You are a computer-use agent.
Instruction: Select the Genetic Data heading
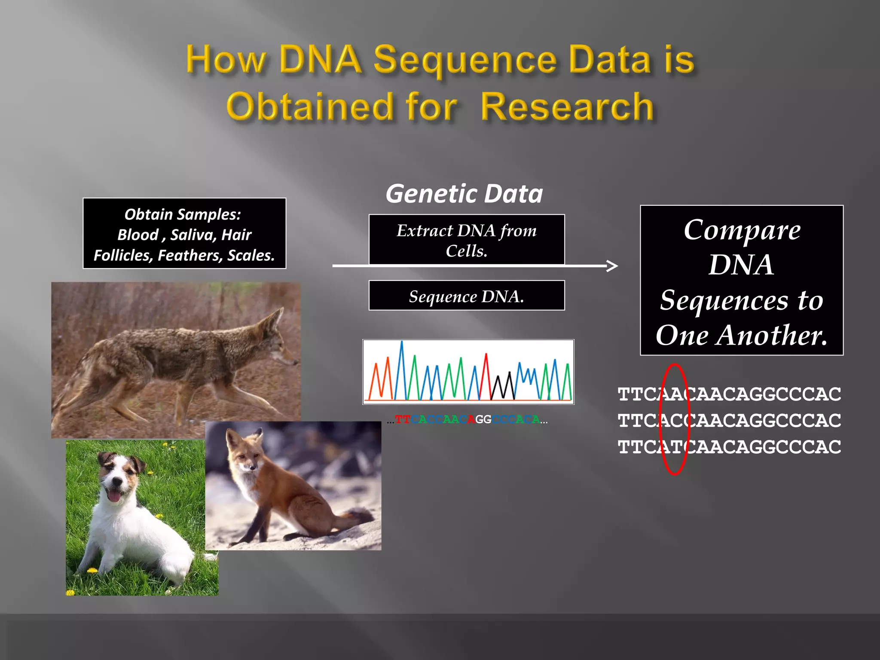(464, 194)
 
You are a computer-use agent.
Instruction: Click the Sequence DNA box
(467, 296)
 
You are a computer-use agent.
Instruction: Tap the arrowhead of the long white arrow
(614, 266)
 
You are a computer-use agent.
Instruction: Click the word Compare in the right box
(742, 230)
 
